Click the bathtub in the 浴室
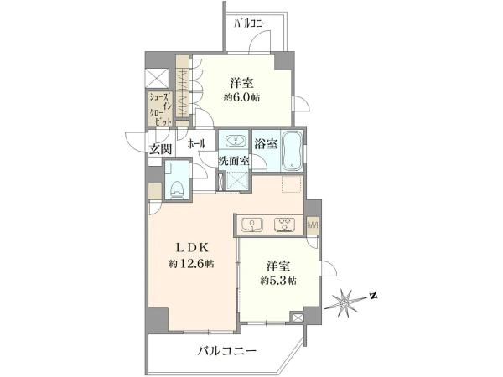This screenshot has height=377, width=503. point(292,150)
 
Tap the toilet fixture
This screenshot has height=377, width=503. point(176,189)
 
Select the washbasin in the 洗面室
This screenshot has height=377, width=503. point(235,141)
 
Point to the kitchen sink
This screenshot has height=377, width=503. point(251,224)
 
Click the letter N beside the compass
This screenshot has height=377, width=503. point(372,296)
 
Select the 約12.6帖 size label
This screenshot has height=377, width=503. point(192,264)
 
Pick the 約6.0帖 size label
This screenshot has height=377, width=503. point(242,97)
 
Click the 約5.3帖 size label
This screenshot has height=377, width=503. point(278,281)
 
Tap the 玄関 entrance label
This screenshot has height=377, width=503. point(161,149)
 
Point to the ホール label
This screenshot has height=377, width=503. point(196,143)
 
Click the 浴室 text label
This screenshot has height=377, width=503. point(266,144)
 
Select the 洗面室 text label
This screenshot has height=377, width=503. point(234,161)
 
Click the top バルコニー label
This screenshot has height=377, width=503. point(251,23)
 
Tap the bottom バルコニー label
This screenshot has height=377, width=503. point(227,351)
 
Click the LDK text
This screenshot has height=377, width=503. point(192,247)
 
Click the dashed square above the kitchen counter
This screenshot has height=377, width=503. point(292,184)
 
